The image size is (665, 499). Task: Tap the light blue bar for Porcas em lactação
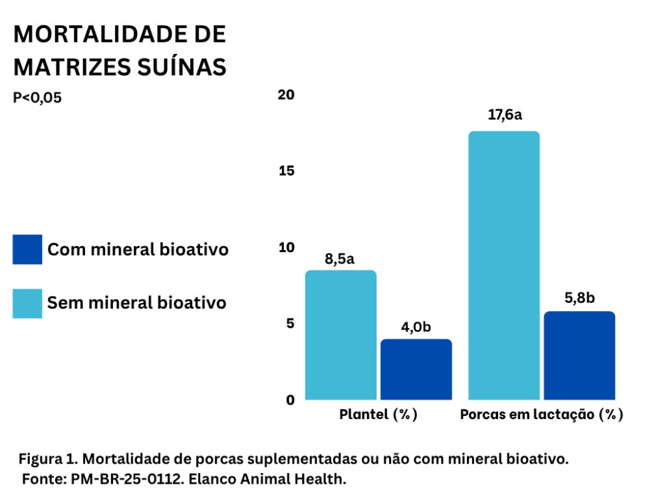tap(504, 265)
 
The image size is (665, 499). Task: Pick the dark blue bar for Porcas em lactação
tap(579, 355)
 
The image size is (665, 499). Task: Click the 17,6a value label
tap(504, 115)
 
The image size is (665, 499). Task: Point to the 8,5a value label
tap(340, 258)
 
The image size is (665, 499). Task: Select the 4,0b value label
tap(416, 327)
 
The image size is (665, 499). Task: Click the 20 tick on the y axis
tap(286, 95)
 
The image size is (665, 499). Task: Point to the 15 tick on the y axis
tap(286, 171)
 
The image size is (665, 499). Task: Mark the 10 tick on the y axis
tap(286, 248)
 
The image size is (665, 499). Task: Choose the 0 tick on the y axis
tap(290, 400)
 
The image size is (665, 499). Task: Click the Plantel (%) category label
tap(378, 415)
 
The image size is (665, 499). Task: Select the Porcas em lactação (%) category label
tap(541, 415)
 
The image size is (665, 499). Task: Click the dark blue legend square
tap(27, 249)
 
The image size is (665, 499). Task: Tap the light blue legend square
tap(27, 303)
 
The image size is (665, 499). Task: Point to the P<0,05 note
tap(37, 98)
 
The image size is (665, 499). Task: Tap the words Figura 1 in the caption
tap(47, 459)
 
